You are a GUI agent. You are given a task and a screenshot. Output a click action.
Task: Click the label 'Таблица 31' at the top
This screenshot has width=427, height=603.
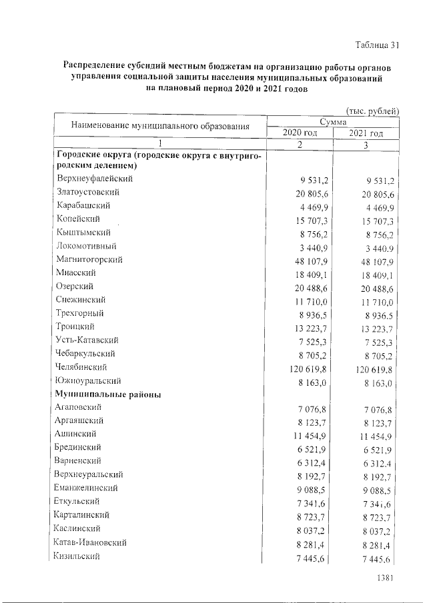(x=376, y=45)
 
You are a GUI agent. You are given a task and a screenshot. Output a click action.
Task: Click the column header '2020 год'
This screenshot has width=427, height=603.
(x=300, y=133)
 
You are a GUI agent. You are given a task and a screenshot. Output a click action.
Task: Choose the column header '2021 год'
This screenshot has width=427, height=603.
(x=366, y=133)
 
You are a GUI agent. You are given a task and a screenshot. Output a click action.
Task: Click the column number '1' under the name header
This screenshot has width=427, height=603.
(x=159, y=144)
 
